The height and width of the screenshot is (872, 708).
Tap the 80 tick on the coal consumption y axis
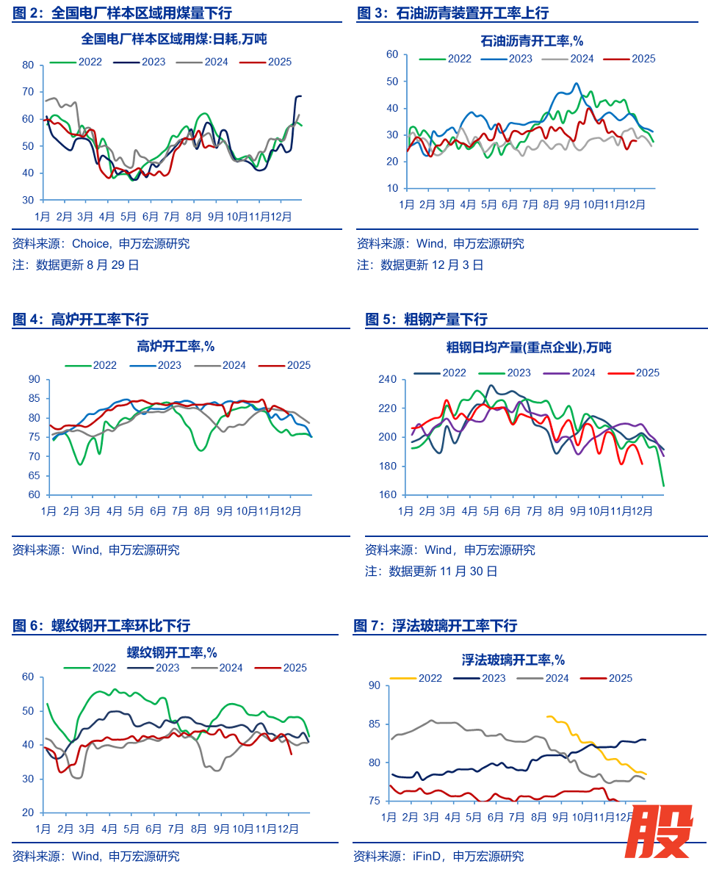[28, 65]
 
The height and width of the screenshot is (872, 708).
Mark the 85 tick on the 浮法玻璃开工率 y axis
[373, 724]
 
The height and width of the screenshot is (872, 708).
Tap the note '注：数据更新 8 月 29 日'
[76, 264]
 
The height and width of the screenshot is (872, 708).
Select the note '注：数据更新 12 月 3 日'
[420, 265]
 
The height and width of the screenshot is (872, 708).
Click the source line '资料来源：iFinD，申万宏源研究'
[438, 856]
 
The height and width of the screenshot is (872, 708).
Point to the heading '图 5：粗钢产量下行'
[426, 320]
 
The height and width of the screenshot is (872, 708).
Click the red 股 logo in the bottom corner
[659, 831]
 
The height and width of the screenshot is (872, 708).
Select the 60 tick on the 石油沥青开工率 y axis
[391, 54]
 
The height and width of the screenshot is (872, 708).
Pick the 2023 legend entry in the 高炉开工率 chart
[159, 365]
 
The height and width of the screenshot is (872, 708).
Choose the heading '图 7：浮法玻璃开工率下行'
[435, 626]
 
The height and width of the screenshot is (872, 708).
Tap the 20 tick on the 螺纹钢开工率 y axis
[28, 812]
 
